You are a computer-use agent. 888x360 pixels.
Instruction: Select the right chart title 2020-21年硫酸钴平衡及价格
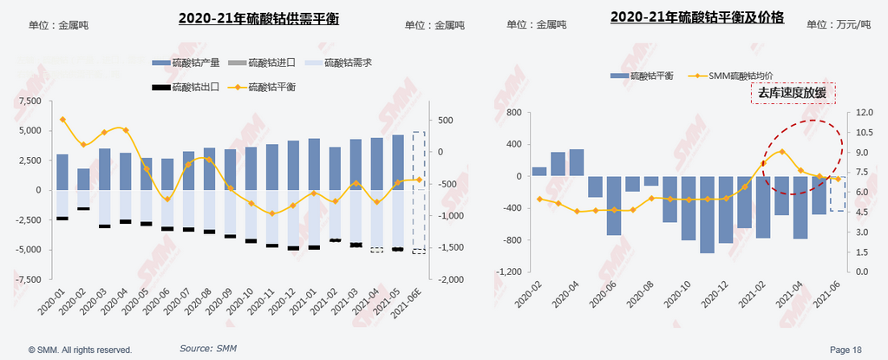pos(697,16)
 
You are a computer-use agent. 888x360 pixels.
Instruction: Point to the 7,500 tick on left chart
pos(29,101)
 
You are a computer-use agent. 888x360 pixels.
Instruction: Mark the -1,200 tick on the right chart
pos(507,272)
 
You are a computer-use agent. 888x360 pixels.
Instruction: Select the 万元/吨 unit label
pos(852,24)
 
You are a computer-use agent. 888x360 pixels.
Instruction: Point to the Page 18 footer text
pos(846,350)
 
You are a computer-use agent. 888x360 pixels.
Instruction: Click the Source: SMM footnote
pos(208,348)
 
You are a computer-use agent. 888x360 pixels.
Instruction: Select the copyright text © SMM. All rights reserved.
pos(80,350)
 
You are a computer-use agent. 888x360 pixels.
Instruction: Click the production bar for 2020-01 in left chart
pos(62,172)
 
